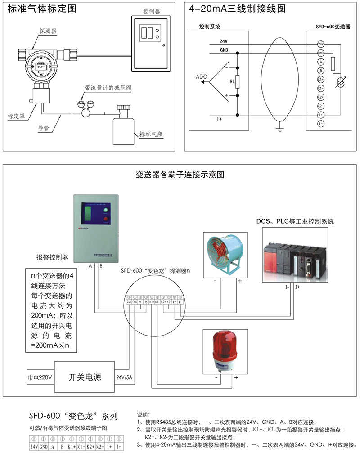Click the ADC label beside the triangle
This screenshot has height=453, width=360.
pos(201,77)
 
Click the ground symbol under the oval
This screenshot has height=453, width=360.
pos(279,130)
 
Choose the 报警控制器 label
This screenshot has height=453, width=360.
pos(52,257)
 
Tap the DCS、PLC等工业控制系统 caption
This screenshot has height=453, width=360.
pos(295,222)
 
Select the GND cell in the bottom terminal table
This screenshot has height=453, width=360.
pos(44,446)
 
